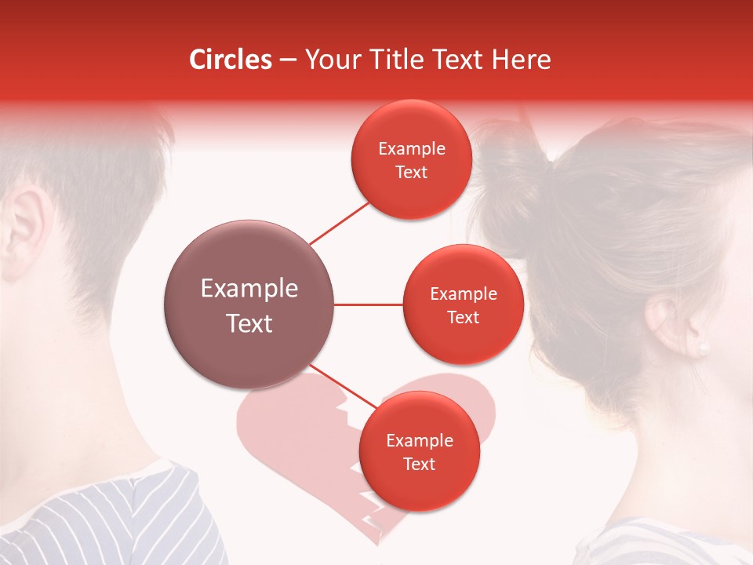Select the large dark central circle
click(x=249, y=304)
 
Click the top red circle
click(x=411, y=160)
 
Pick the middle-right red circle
click(x=463, y=304)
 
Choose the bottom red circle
click(x=419, y=452)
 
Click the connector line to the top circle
click(x=339, y=223)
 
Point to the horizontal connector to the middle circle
click(x=369, y=304)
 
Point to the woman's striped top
click(x=667, y=541)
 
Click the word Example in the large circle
click(x=249, y=289)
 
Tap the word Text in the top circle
click(x=411, y=173)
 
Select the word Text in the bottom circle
click(x=419, y=465)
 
